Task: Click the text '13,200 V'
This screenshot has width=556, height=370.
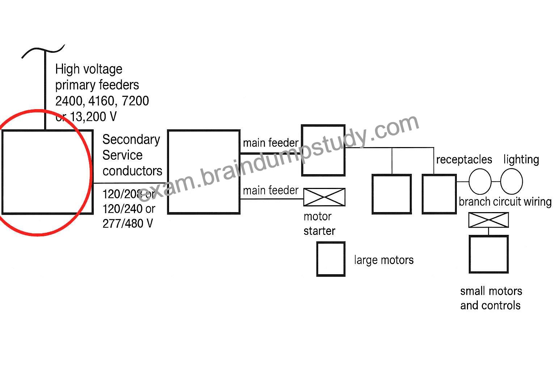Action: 93,116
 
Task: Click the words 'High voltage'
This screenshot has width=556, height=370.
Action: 89,69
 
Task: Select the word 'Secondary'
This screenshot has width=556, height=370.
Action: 131,139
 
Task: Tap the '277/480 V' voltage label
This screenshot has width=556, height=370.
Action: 127,224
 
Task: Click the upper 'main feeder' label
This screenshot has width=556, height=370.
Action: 270,143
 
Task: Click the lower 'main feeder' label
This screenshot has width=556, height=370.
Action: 270,190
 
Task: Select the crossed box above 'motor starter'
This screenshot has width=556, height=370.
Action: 324,197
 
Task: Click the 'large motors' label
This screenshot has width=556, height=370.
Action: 384,260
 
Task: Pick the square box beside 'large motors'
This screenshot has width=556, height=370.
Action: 331,259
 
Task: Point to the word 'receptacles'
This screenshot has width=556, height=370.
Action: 464,160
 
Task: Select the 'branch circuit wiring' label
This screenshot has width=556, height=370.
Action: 505,202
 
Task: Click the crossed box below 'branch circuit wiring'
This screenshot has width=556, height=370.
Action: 488,220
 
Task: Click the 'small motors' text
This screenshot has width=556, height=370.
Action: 491,291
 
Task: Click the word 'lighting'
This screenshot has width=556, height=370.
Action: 521,160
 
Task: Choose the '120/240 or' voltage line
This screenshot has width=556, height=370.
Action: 129,209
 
